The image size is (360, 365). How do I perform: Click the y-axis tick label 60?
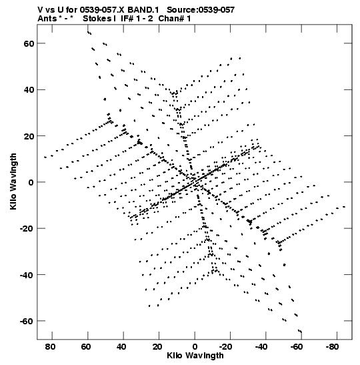click(29, 43)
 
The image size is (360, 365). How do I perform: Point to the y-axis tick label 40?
click(29, 89)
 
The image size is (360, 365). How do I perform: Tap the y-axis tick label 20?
click(29, 136)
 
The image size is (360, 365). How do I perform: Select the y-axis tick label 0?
click(31, 182)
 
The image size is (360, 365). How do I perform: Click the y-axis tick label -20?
click(27, 228)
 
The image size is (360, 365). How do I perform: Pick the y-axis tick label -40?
click(27, 275)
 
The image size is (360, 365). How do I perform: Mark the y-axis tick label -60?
click(27, 321)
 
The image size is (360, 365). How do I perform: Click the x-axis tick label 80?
click(50, 347)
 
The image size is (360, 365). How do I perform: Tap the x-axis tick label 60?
click(86, 347)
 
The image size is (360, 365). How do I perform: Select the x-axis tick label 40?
click(121, 347)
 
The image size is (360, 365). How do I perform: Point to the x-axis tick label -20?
click(226, 347)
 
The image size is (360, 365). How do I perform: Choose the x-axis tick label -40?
click(261, 347)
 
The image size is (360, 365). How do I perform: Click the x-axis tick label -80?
click(333, 347)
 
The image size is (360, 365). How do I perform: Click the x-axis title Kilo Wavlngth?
click(195, 356)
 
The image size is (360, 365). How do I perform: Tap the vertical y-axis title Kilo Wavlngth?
click(13, 181)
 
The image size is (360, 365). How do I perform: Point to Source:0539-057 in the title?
click(201, 10)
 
